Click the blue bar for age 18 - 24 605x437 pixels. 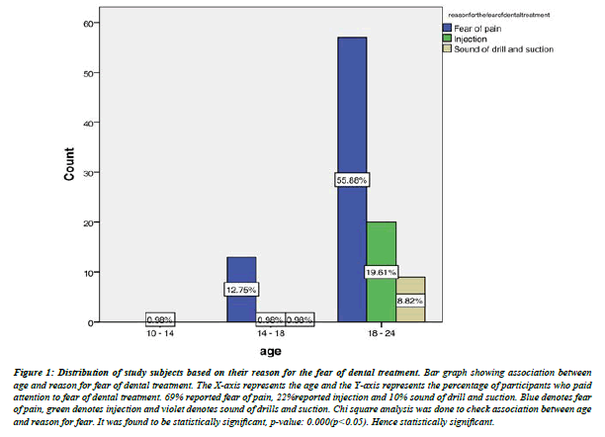pyautogui.click(x=352, y=119)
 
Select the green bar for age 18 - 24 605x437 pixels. pyautogui.click(x=382, y=247)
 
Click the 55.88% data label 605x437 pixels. pyautogui.click(x=352, y=180)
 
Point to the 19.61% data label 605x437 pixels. pyautogui.click(x=382, y=271)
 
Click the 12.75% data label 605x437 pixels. pyautogui.click(x=241, y=290)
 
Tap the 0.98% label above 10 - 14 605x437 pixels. pyautogui.click(x=160, y=319)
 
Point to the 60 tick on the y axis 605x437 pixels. pyautogui.click(x=60, y=23)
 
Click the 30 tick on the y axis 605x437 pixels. pyautogui.click(x=60, y=173)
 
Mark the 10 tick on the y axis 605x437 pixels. pyautogui.click(x=60, y=273)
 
